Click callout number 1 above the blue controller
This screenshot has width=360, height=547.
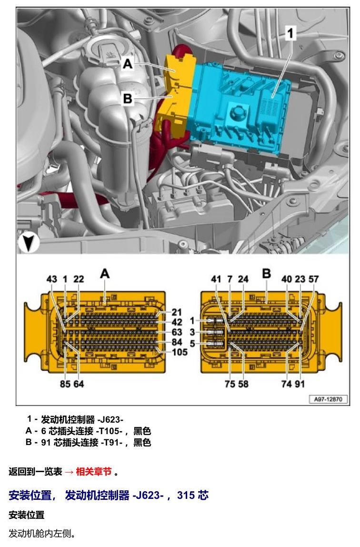290,34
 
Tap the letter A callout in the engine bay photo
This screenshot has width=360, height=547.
128,64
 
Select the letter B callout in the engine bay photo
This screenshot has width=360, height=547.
128,99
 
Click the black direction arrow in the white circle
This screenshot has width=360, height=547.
28,243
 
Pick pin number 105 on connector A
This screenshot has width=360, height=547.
180,352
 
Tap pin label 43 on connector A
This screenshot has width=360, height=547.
51,279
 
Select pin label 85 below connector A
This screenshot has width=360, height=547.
65,384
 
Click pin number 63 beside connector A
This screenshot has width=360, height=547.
177,332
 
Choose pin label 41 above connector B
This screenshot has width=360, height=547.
216,279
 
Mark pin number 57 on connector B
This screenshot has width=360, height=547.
314,279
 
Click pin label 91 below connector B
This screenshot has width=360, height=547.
300,384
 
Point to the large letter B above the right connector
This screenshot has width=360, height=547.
266,274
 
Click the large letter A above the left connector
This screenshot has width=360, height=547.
105,274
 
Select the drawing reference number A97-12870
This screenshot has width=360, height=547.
328,399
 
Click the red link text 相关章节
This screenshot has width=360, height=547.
94,472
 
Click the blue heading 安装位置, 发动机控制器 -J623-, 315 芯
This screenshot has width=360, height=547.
109,496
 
